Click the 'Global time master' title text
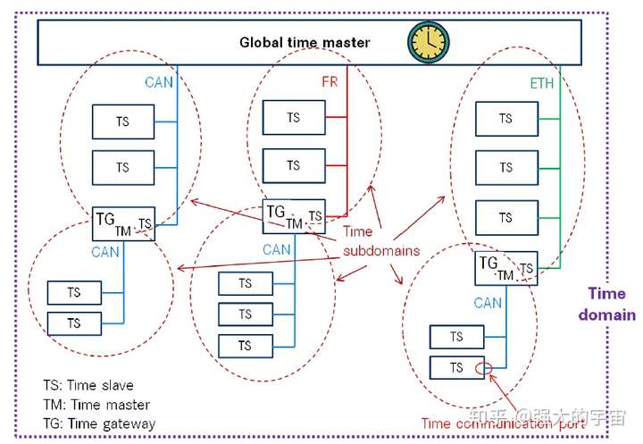[x=304, y=42]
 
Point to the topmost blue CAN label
[x=159, y=82]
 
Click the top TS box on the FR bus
[x=293, y=117]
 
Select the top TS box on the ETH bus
[x=505, y=118]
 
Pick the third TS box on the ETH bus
[x=505, y=217]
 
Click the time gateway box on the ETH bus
[x=505, y=267]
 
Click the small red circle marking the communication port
[x=483, y=368]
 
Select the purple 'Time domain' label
[x=606, y=304]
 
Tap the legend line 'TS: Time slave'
[x=88, y=385]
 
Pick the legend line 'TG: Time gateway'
[x=98, y=424]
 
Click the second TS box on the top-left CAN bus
[x=122, y=167]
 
